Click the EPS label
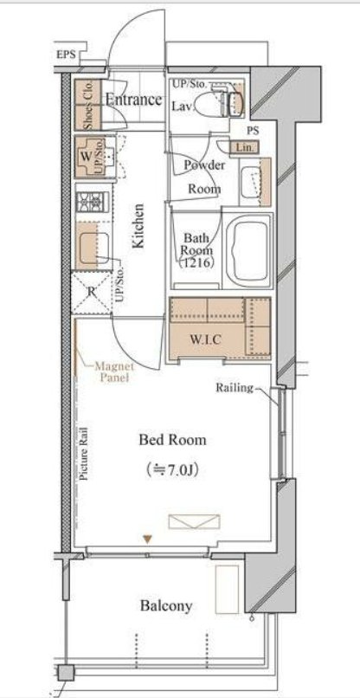point(67,55)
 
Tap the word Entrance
point(133,100)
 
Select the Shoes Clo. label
point(88,106)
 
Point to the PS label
point(253,132)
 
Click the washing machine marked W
point(95,157)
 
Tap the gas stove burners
point(93,202)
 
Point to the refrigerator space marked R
point(91,292)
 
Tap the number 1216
point(196,262)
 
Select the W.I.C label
point(205,339)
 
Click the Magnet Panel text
point(114,372)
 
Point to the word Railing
point(235,388)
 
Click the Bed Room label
point(173,440)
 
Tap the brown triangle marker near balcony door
point(148,540)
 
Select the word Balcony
point(166,606)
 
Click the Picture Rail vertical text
point(84,453)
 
